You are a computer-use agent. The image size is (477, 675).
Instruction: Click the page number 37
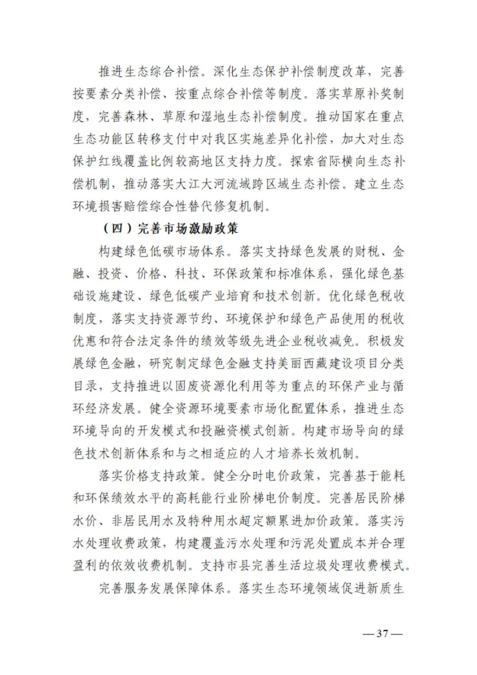(x=382, y=634)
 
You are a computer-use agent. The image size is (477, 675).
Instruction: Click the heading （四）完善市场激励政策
(x=170, y=229)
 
